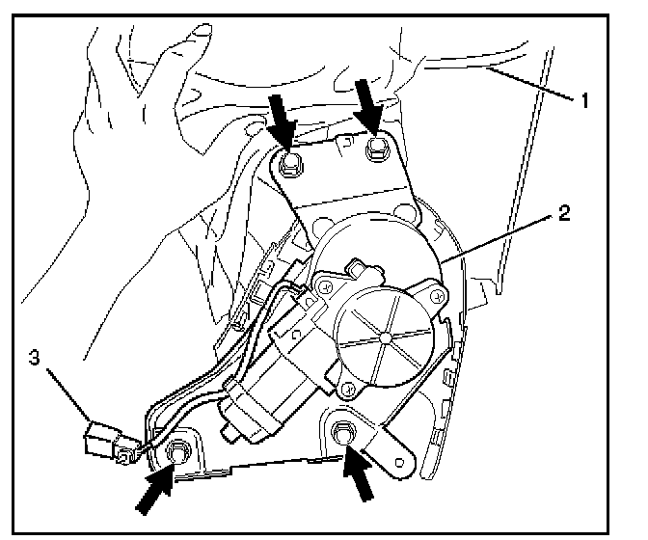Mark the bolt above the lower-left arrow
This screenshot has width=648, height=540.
(177, 450)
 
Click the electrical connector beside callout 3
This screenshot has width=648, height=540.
(105, 439)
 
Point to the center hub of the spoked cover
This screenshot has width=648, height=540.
(385, 337)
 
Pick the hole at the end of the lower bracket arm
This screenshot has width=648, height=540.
(397, 457)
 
